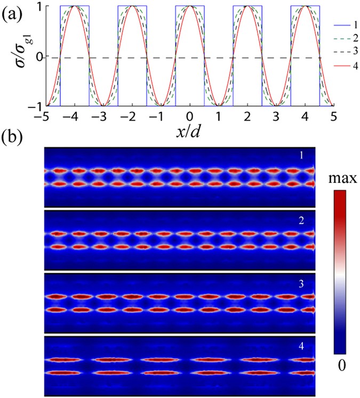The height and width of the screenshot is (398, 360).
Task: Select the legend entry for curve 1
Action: [x=347, y=25]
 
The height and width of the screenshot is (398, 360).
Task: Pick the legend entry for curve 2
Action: [x=347, y=40]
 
